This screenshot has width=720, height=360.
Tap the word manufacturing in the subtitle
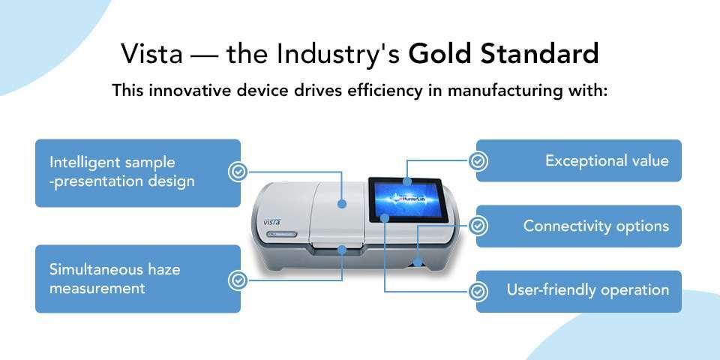[517, 91]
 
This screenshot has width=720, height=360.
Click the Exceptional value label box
[579, 160]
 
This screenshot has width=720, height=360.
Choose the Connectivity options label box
[579, 226]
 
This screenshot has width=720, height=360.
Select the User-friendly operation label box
[579, 291]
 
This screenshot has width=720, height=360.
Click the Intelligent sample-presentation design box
[138, 172]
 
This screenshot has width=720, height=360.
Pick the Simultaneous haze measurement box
[138, 278]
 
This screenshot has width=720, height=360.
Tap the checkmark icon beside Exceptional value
[478, 160]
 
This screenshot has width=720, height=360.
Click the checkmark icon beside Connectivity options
[478, 225]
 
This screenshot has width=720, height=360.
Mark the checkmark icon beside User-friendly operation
[478, 290]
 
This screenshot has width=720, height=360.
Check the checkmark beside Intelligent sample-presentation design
[238, 172]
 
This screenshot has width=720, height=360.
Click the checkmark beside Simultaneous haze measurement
[238, 280]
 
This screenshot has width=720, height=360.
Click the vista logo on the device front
[271, 221]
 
